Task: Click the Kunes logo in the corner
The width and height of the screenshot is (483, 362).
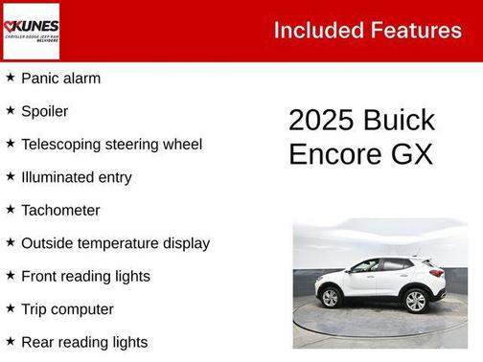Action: pyautogui.click(x=31, y=31)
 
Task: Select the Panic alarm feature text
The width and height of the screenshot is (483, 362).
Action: pyautogui.click(x=60, y=79)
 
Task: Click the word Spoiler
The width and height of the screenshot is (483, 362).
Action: pyautogui.click(x=44, y=111)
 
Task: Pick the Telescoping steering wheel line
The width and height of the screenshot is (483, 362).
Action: pyautogui.click(x=111, y=145)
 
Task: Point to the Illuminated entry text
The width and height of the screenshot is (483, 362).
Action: pyautogui.click(x=76, y=177)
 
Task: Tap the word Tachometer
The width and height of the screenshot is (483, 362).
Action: pyautogui.click(x=59, y=210)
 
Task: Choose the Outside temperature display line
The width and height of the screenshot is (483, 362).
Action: pyautogui.click(x=115, y=243)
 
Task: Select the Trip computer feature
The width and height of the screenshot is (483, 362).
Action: pyautogui.click(x=67, y=309)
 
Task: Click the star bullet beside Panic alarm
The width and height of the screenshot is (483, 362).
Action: pyautogui.click(x=10, y=78)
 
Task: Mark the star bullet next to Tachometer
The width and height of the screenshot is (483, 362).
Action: pyautogui.click(x=10, y=209)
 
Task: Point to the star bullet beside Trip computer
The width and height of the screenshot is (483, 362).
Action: pyautogui.click(x=10, y=308)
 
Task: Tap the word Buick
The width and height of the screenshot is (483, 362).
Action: pyautogui.click(x=399, y=121)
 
